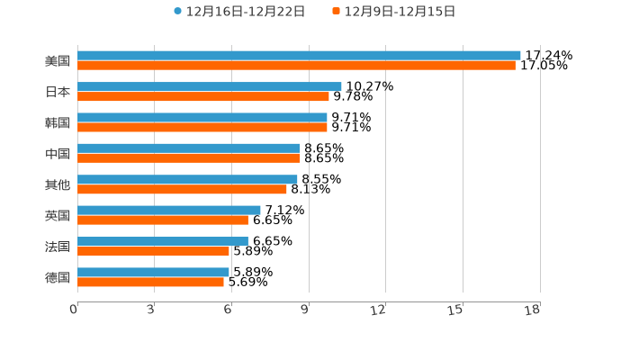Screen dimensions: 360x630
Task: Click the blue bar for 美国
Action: (299, 56)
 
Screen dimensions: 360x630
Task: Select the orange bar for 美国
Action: (296, 66)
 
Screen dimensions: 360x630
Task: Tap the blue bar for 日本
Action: (209, 86)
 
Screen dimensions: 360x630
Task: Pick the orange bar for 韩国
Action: (202, 127)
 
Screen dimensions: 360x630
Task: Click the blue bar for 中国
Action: (188, 148)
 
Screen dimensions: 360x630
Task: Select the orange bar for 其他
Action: (182, 189)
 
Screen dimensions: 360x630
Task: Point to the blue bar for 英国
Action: (169, 211)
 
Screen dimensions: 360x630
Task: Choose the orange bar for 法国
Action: (153, 251)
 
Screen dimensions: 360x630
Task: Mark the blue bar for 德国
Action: (153, 272)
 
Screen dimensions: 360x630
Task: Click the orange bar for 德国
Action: (150, 282)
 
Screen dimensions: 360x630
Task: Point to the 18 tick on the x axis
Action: (533, 310)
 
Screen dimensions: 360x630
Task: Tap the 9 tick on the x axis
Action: (305, 310)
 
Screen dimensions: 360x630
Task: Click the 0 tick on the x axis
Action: (75, 310)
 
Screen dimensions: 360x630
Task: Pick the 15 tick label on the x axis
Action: (455, 310)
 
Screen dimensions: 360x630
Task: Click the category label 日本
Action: (58, 92)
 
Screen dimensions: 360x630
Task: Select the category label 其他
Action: (58, 184)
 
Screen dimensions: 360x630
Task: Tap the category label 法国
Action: (58, 247)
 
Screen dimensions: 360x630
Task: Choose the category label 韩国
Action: (58, 122)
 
